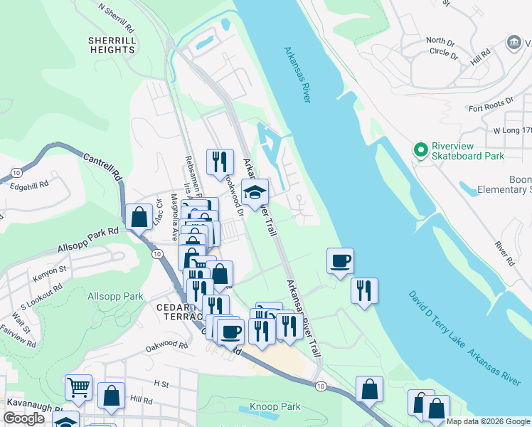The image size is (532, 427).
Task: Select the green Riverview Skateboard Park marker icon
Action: pos(420,149)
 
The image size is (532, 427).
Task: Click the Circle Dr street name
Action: pos(444,52)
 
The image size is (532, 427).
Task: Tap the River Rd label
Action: pos(504,253)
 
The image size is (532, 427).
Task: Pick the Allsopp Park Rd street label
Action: pos(88,241)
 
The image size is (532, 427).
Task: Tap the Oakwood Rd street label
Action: pos(166,347)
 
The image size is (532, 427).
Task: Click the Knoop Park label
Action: pos(275,407)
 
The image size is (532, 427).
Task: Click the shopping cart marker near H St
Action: pos(78,387)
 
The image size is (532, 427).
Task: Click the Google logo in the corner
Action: pos(23,418)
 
